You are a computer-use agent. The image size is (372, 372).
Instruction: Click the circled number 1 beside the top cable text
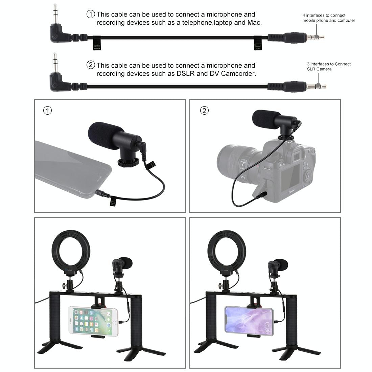click(91, 14)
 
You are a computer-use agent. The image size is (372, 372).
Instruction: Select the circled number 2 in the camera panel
click(204, 111)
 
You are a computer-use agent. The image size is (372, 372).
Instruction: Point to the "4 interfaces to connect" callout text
click(324, 15)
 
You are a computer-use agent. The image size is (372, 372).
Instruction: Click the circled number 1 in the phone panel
click(48, 111)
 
